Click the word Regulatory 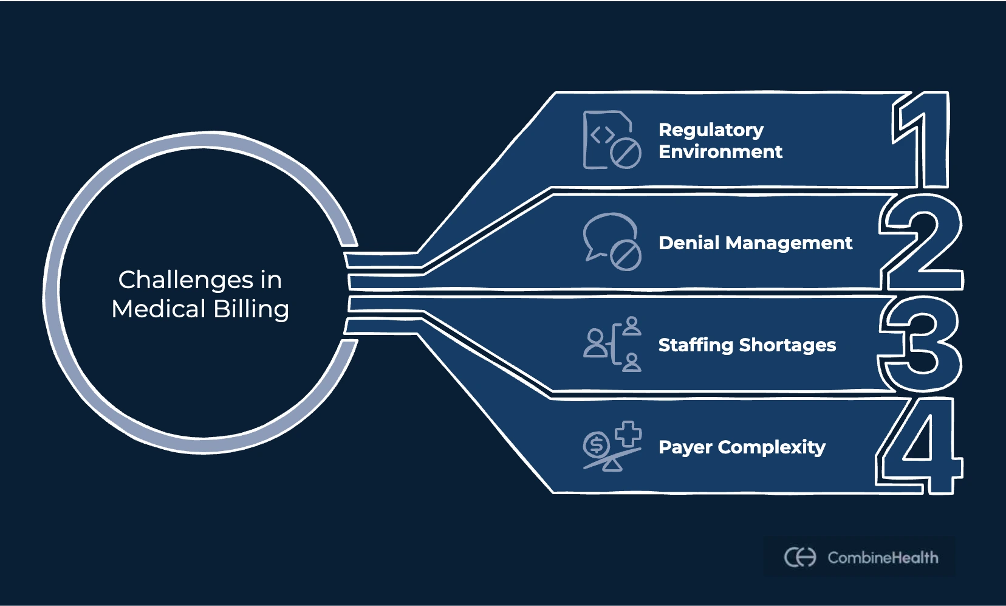click(711, 130)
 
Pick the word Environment click(720, 152)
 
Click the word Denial click(689, 243)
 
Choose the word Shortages click(787, 345)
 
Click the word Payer click(685, 448)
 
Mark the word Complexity click(772, 448)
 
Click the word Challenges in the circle click(185, 280)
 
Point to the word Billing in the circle click(251, 309)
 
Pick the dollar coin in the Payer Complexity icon click(596, 446)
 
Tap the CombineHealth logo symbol click(799, 557)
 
